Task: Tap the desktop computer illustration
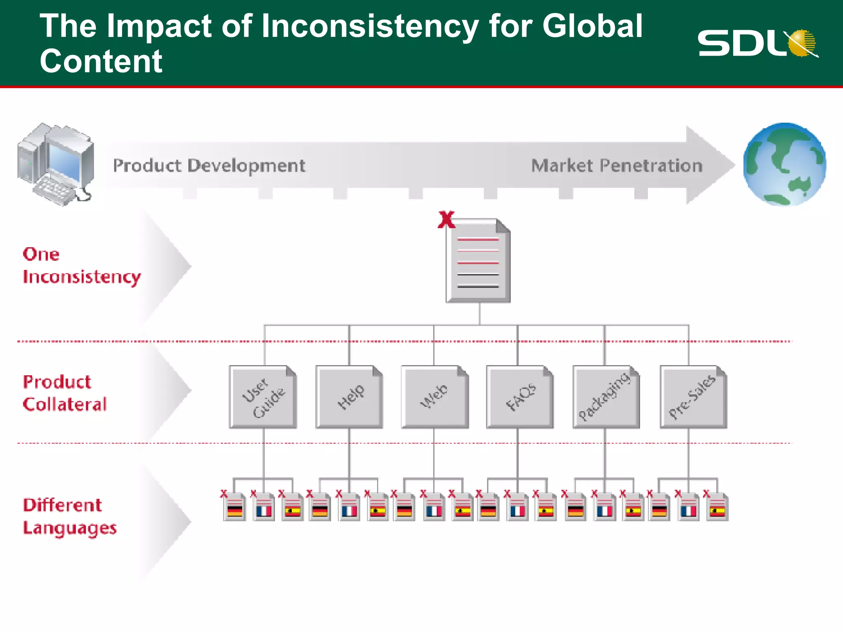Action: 56,165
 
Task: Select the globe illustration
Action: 785,164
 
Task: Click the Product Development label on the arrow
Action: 209,166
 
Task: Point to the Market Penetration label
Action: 617,166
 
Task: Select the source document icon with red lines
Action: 478,261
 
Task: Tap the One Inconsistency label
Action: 82,266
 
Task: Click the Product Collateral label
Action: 65,393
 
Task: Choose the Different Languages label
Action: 70,516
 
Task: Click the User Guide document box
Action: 263,397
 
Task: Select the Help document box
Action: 349,397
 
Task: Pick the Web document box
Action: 435,397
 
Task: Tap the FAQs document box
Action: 520,397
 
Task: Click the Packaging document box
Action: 606,397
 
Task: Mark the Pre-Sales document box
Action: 693,397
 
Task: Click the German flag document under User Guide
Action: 235,507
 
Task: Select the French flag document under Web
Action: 434,507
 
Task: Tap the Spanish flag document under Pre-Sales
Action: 717,507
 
